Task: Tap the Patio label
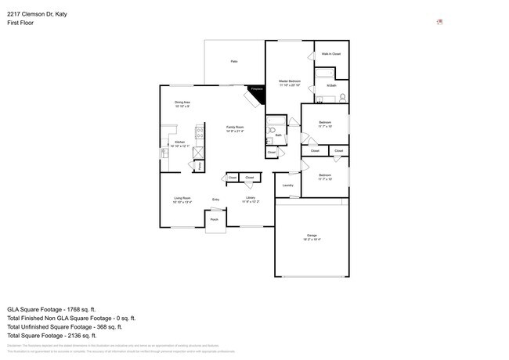[233, 61]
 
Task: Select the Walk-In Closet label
[330, 54]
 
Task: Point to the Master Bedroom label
[290, 81]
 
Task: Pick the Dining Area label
[182, 103]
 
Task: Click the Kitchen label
[179, 142]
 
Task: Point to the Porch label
[214, 220]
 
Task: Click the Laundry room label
[287, 185]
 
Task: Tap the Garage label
[311, 236]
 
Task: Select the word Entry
[215, 200]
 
